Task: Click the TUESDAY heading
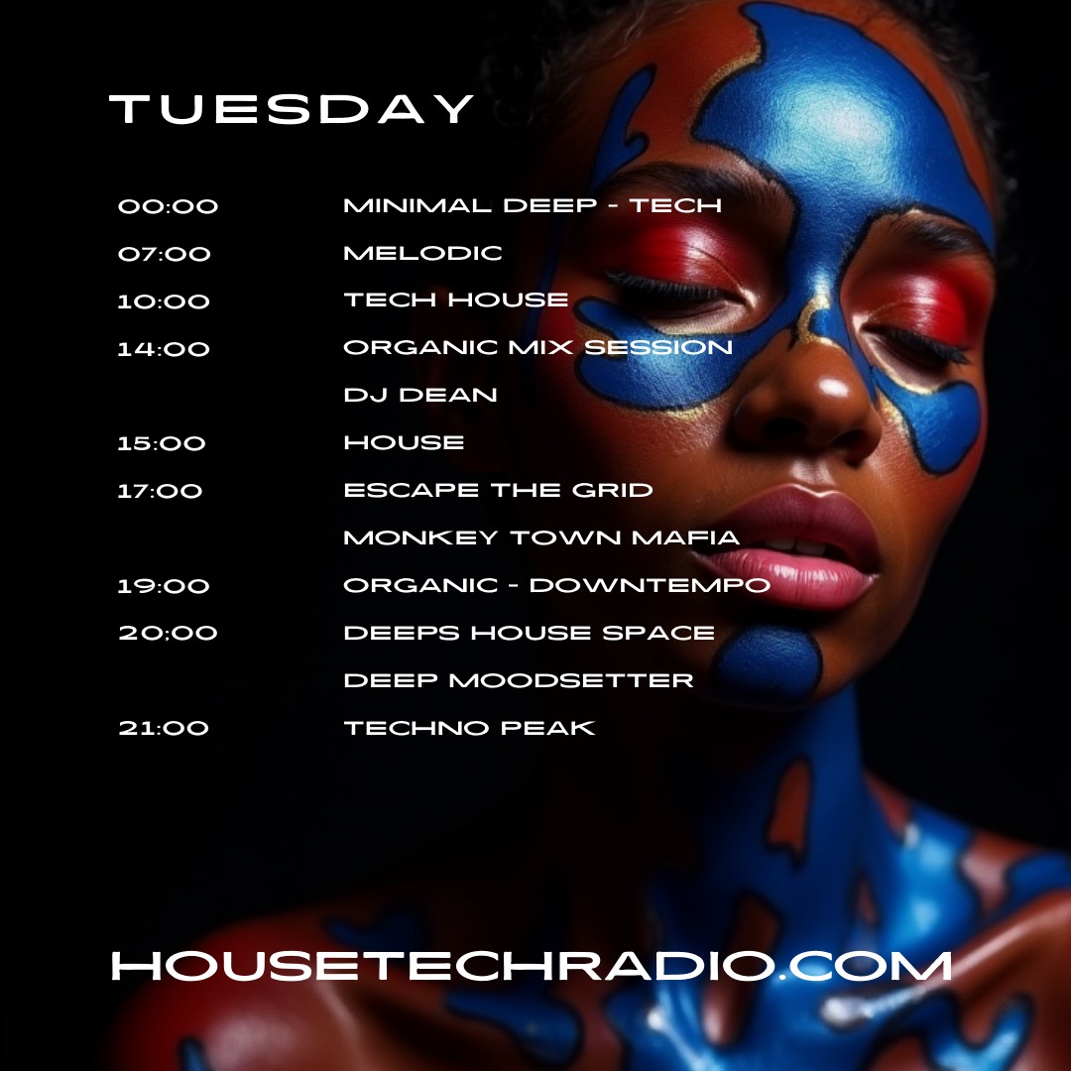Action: click(x=293, y=109)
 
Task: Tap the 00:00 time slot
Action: click(x=168, y=207)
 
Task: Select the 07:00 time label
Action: click(x=165, y=254)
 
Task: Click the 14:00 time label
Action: click(x=164, y=349)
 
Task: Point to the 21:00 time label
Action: click(x=164, y=728)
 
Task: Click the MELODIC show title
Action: click(x=422, y=254)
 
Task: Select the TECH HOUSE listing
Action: click(x=456, y=300)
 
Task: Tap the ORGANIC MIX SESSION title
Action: click(x=537, y=348)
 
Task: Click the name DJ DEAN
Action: click(x=420, y=396)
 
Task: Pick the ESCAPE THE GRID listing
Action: click(x=498, y=490)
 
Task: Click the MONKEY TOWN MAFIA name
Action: click(x=541, y=537)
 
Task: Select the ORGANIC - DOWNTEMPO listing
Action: click(x=556, y=585)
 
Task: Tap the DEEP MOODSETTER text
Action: click(x=519, y=680)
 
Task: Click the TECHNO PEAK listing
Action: click(x=469, y=728)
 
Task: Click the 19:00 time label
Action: click(x=164, y=586)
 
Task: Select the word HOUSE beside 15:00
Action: click(x=404, y=443)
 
